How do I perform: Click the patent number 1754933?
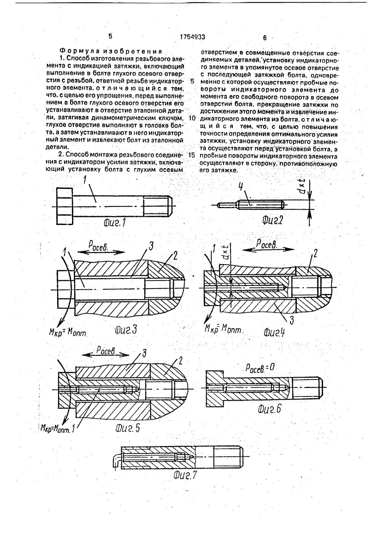click(192, 37)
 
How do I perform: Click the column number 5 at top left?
click(110, 36)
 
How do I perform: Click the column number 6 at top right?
click(265, 38)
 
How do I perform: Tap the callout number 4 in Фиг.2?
click(240, 187)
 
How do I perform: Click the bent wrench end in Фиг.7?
click(116, 459)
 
